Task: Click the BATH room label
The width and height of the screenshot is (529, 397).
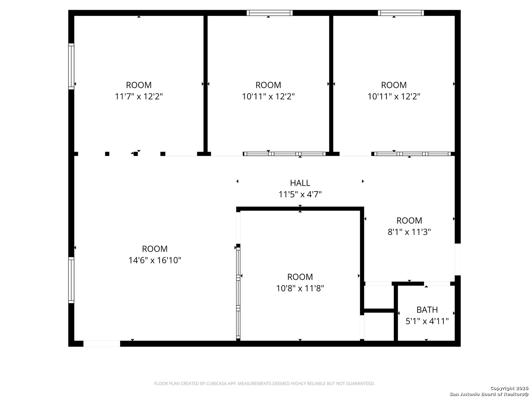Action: (427, 310)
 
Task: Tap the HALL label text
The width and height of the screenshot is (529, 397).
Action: (300, 183)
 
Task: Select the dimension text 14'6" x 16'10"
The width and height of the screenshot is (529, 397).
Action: (155, 260)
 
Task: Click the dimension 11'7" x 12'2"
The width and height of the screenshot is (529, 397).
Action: (139, 96)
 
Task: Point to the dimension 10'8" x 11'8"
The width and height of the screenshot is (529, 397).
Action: (300, 288)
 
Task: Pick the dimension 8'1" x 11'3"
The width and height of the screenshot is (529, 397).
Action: (409, 232)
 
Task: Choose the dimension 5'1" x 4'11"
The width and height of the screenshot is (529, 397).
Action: (427, 321)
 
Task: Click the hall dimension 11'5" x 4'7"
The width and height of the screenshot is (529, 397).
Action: (300, 194)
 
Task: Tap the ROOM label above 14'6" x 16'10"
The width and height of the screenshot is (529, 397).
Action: (155, 249)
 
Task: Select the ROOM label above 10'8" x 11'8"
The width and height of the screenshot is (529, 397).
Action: (300, 277)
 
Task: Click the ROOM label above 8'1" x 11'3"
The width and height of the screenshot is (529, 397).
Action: (409, 221)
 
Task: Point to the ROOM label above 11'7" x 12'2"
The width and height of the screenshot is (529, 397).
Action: (139, 85)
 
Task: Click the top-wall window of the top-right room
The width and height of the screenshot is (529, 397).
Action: (401, 13)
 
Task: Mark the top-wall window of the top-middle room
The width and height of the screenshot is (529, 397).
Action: (270, 13)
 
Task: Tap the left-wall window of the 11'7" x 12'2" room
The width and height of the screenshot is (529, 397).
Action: (71, 66)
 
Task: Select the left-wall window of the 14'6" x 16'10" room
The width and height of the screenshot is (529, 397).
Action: (71, 280)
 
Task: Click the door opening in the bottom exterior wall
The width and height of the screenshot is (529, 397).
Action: (102, 344)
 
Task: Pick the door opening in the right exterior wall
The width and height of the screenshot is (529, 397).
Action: (457, 259)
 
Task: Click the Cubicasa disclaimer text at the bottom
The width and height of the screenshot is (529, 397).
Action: (264, 383)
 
